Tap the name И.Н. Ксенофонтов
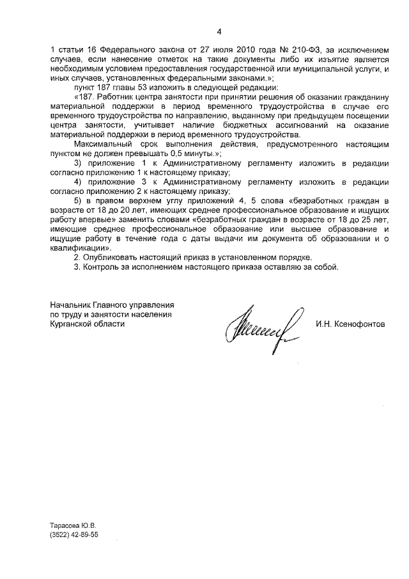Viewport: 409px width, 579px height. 350,324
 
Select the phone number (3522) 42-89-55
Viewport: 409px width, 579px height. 73,535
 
